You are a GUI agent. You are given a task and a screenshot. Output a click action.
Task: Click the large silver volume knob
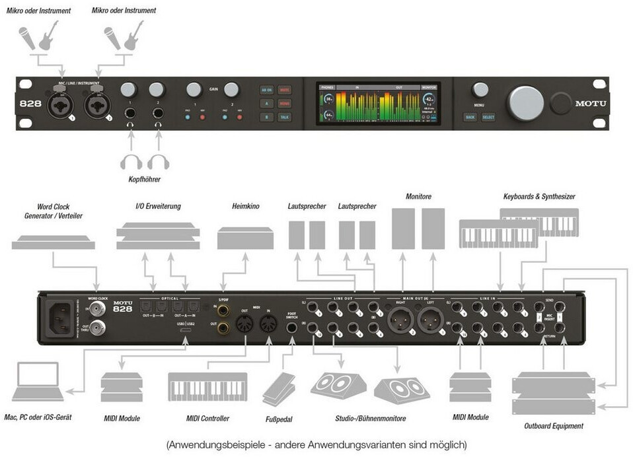point(525,103)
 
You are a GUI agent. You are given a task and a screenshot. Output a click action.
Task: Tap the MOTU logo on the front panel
point(590,103)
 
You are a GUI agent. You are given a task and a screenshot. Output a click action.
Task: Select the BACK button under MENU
point(470,117)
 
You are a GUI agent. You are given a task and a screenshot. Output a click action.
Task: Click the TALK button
point(284,117)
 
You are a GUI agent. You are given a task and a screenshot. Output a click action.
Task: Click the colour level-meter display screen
point(378,104)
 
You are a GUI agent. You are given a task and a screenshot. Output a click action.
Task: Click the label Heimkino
point(245,206)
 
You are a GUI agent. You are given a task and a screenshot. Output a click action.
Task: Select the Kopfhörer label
point(144,179)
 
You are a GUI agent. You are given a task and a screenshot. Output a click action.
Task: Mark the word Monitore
point(419,196)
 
